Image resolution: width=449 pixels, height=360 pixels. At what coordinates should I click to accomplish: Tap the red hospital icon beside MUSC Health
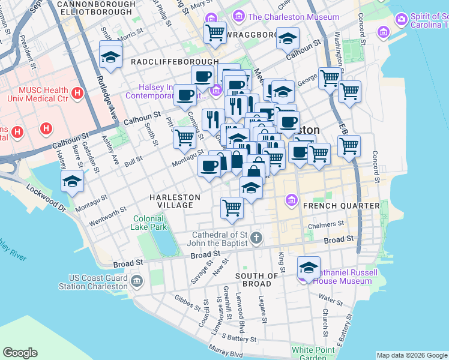click(77, 94)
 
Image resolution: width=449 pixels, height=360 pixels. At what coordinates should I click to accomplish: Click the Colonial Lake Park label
click(149, 223)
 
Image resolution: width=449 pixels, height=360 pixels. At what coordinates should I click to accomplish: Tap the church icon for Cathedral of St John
click(256, 238)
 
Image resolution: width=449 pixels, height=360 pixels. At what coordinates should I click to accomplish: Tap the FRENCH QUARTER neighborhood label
click(342, 206)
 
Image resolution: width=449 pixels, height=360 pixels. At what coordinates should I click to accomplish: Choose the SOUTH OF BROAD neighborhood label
click(257, 280)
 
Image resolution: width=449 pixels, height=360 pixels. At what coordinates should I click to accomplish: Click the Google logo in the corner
click(20, 353)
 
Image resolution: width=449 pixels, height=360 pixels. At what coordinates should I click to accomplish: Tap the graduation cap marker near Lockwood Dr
click(72, 181)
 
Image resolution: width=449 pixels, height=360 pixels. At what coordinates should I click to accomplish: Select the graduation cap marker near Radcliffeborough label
click(111, 55)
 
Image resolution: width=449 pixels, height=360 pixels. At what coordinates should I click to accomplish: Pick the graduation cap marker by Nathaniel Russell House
click(309, 267)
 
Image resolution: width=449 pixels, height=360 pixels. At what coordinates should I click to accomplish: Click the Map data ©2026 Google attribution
click(412, 355)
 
